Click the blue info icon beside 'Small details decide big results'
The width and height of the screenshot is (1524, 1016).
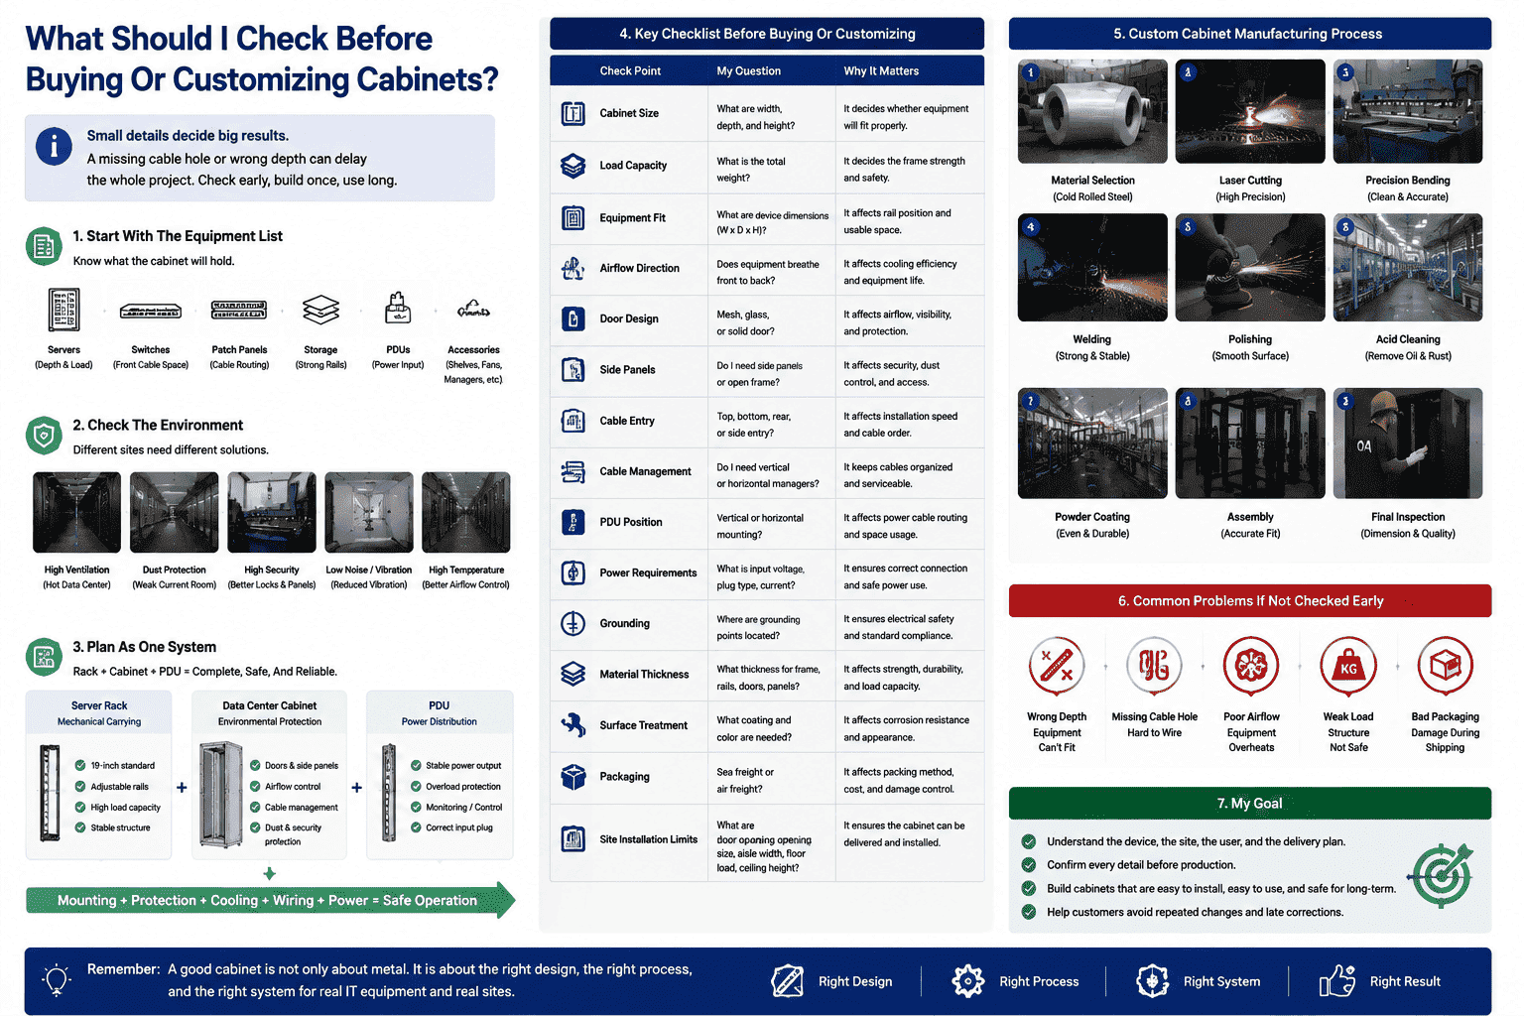tap(54, 146)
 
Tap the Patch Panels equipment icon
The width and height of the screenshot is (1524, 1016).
tap(239, 311)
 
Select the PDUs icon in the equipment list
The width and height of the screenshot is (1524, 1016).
tap(397, 308)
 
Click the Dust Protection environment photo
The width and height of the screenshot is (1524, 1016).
tap(175, 512)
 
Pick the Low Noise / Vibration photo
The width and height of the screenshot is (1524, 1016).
tap(369, 512)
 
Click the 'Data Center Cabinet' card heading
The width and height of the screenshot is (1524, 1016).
tap(270, 705)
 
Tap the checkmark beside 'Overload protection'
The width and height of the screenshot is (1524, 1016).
tap(416, 786)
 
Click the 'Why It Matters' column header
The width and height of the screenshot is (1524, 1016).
tap(881, 70)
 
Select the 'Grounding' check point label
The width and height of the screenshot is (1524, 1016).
tap(624, 623)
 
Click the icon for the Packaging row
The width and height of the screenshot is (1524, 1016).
tap(572, 777)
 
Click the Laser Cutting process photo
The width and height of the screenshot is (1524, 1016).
tap(1250, 111)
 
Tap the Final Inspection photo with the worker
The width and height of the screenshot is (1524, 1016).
tap(1408, 443)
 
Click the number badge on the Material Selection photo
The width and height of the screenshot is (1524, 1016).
tap(1031, 72)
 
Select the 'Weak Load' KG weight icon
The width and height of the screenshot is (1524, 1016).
tap(1347, 666)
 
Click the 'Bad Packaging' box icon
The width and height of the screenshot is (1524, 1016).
tap(1445, 665)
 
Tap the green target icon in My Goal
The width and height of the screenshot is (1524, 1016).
tap(1442, 875)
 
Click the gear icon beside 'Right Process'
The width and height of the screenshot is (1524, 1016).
tap(967, 980)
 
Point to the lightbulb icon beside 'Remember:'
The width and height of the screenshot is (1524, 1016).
tap(57, 980)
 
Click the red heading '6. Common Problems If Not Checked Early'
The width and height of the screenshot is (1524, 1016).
tap(1250, 601)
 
